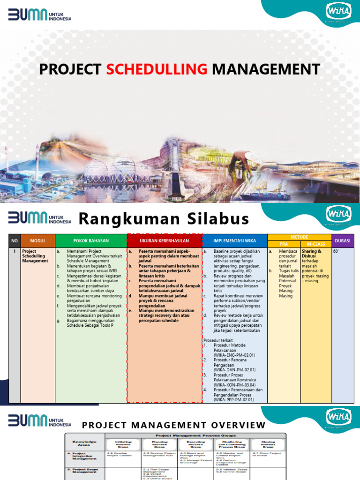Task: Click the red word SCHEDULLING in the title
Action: [157, 69]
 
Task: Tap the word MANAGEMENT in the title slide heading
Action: [266, 69]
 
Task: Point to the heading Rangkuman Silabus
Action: [163, 219]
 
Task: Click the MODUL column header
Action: [37, 241]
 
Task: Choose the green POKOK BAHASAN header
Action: [91, 241]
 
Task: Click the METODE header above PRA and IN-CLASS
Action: [299, 237]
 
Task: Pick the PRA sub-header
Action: [284, 244]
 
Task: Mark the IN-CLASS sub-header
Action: [315, 244]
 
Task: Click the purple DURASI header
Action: [343, 241]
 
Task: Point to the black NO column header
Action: [15, 241]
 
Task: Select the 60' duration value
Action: [336, 252]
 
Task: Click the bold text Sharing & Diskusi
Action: [312, 254]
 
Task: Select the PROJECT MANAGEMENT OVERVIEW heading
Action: [174, 425]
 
